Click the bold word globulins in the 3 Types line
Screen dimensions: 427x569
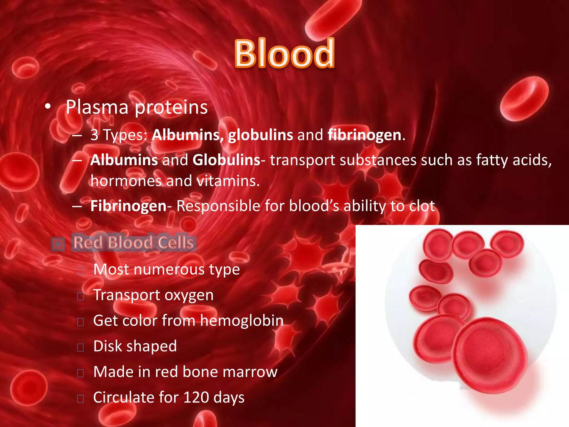(260, 135)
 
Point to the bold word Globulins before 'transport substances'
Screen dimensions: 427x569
(226, 160)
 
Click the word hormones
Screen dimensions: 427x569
(126, 181)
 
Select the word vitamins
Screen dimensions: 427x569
(228, 181)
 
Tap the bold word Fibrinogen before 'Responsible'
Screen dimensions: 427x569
(128, 206)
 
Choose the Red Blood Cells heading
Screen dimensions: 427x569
(134, 242)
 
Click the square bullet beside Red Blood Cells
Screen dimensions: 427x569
(58, 244)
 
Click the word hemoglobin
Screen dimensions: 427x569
(242, 321)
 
